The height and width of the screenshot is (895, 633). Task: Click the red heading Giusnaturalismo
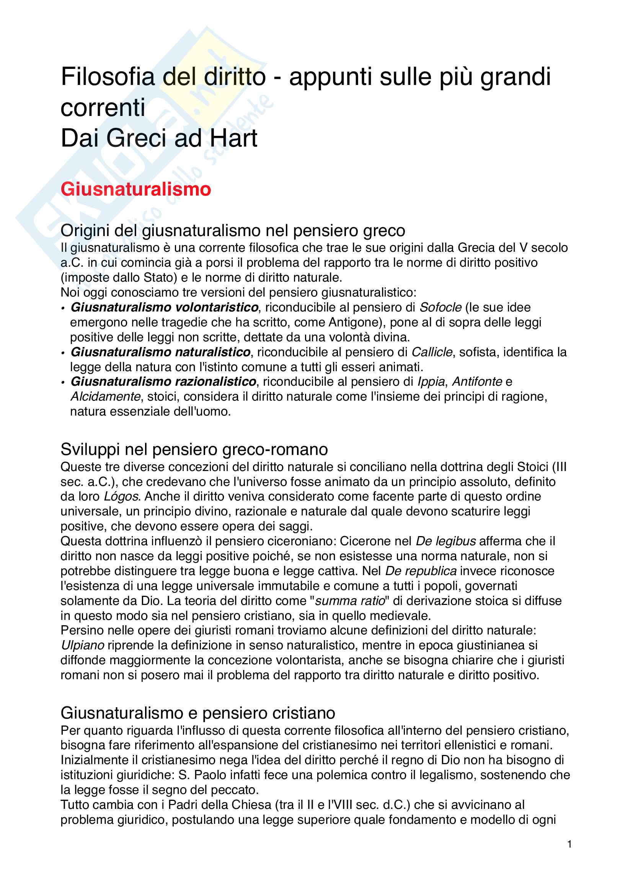pyautogui.click(x=135, y=189)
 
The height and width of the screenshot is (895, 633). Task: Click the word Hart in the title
pyautogui.click(x=233, y=139)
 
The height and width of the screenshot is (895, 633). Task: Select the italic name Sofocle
pyautogui.click(x=440, y=308)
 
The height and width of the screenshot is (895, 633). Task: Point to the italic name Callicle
pyautogui.click(x=432, y=352)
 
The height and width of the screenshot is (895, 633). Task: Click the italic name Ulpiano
pyautogui.click(x=83, y=646)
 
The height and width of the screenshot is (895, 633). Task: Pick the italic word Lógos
pyautogui.click(x=121, y=497)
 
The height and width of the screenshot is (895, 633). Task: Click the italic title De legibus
pyautogui.click(x=445, y=541)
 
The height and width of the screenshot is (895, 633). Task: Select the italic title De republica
pyautogui.click(x=421, y=571)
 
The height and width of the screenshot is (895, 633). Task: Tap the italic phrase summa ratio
pyautogui.click(x=350, y=601)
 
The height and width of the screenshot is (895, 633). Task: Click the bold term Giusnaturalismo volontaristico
pyautogui.click(x=165, y=308)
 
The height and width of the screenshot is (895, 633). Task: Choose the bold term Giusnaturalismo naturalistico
pyautogui.click(x=160, y=352)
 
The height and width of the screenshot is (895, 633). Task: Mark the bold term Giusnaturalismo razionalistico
pyautogui.click(x=163, y=381)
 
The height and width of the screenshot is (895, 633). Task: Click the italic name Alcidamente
pyautogui.click(x=105, y=396)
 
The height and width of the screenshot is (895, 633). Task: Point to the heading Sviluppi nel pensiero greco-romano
pyautogui.click(x=194, y=450)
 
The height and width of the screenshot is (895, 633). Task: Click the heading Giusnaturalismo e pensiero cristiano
pyautogui.click(x=197, y=713)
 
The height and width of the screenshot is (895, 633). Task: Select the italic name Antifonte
pyautogui.click(x=477, y=381)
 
